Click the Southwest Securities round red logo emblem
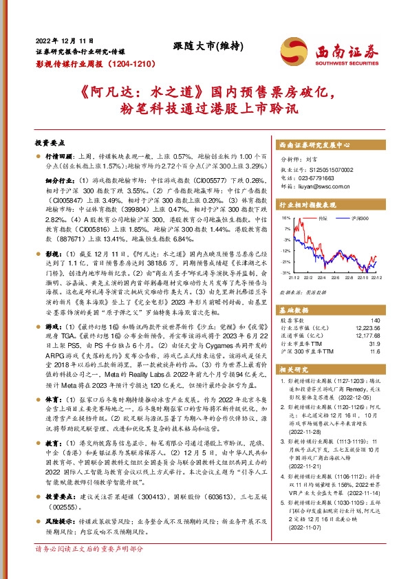click(x=298, y=50)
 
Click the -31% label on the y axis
click(x=285, y=273)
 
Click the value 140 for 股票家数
click(x=374, y=302)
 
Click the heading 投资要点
click(x=49, y=143)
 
